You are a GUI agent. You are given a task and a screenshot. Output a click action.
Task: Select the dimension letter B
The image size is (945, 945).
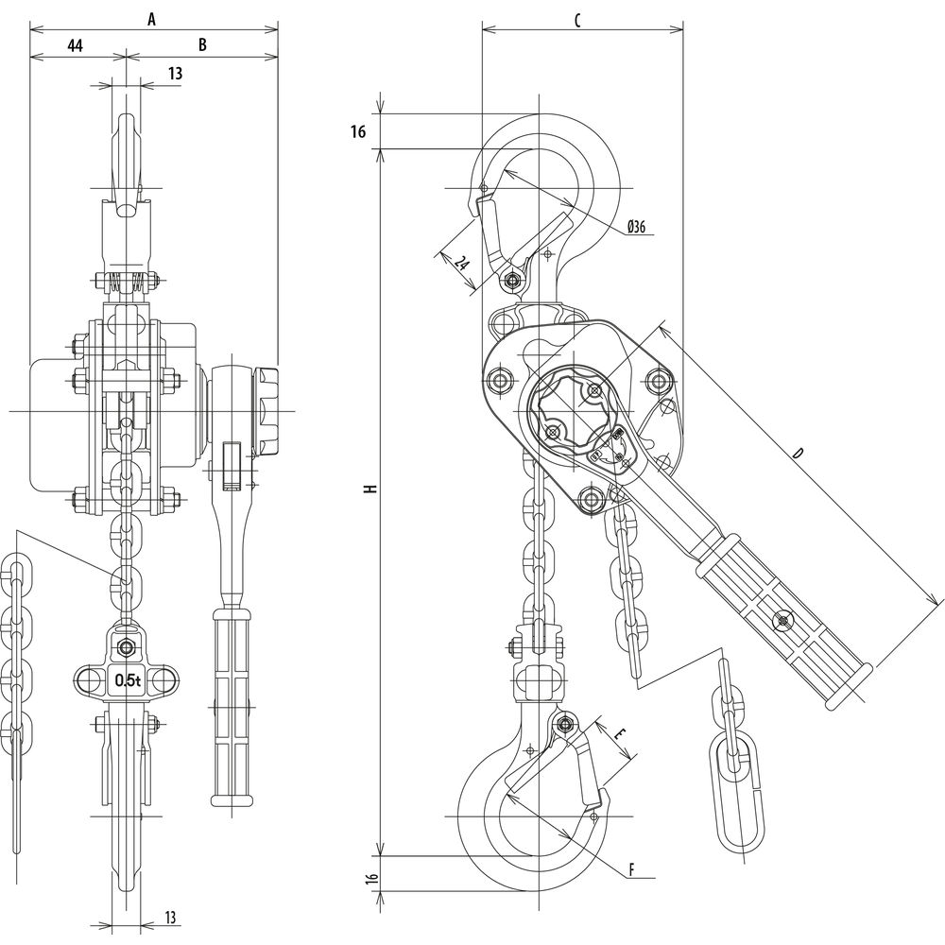click(x=202, y=44)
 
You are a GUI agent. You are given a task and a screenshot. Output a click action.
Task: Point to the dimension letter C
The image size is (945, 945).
click(x=577, y=17)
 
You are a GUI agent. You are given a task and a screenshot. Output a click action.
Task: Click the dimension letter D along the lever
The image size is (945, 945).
click(x=799, y=454)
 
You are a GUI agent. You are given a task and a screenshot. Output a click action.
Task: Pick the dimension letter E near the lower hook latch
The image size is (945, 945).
click(x=620, y=734)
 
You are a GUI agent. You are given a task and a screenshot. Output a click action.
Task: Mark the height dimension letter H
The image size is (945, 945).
click(x=370, y=490)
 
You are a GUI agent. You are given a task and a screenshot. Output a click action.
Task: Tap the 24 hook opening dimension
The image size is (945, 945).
click(x=460, y=263)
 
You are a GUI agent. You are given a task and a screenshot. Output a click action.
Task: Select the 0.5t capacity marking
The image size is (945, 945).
click(x=127, y=679)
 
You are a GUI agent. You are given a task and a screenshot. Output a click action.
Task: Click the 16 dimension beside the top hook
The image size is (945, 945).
click(x=357, y=132)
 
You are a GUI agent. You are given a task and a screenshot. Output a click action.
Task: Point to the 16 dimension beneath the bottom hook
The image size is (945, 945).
click(x=370, y=879)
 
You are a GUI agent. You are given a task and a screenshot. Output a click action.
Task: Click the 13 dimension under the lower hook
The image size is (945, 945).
click(x=169, y=917)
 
